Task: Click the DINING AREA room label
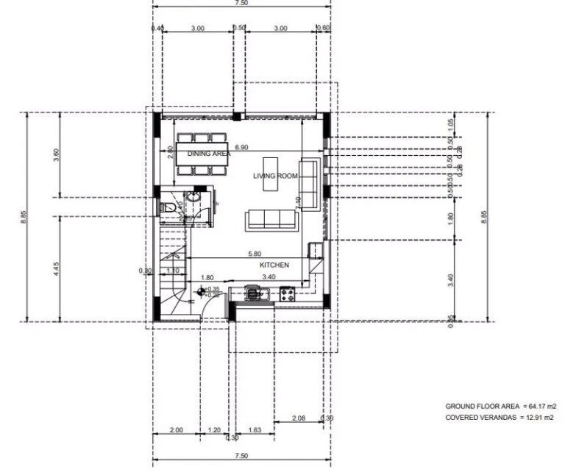[209, 154]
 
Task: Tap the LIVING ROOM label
[275, 176]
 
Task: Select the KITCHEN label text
[274, 265]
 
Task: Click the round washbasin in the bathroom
[193, 199]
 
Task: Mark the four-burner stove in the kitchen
[286, 295]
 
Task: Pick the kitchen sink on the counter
[255, 295]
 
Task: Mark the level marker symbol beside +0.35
[201, 292]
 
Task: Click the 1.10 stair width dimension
[173, 271]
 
